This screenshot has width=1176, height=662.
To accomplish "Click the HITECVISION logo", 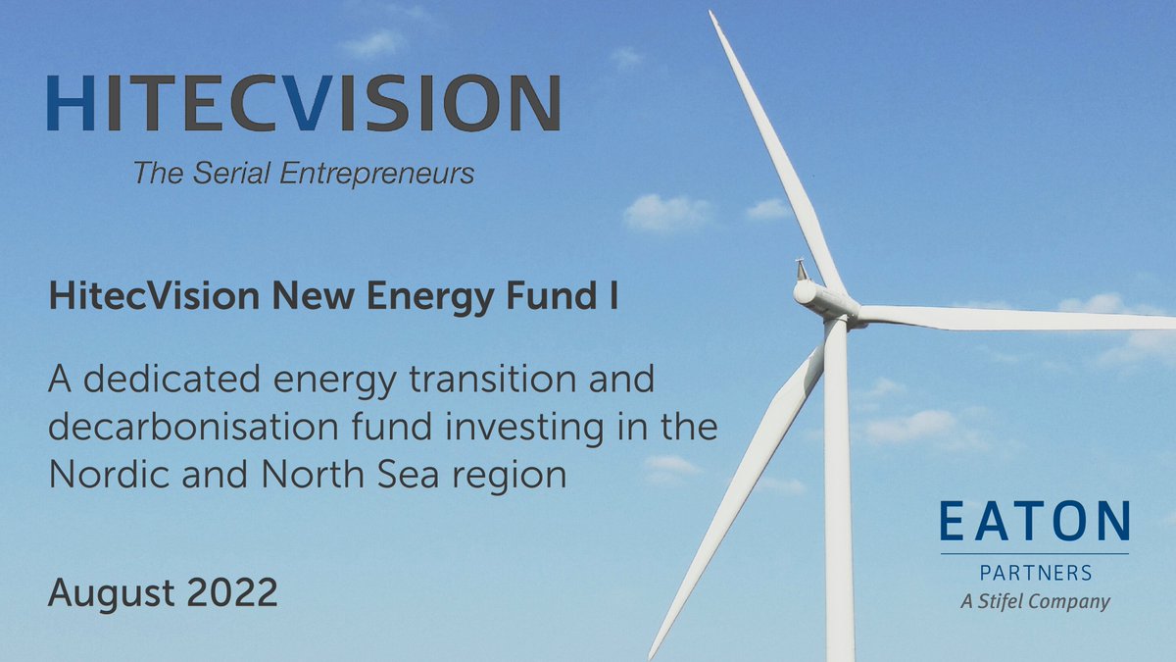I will (303, 104).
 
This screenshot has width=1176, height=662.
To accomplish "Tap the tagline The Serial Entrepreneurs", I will (304, 175).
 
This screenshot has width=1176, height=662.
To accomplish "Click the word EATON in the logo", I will (1034, 522).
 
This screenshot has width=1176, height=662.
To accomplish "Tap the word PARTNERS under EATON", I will (1034, 572).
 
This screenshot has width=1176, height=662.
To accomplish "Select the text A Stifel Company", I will (1034, 600).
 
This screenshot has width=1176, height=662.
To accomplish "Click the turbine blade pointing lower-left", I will (735, 500).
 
